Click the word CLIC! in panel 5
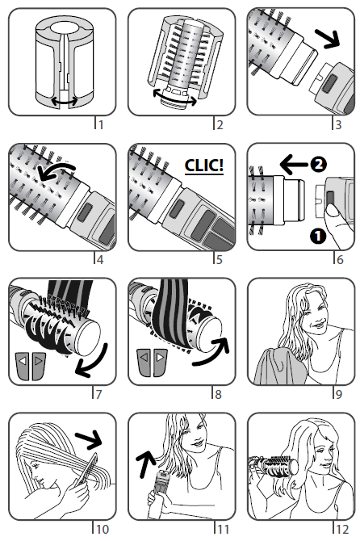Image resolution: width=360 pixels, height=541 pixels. (203, 166)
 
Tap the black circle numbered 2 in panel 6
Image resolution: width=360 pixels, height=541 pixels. (318, 164)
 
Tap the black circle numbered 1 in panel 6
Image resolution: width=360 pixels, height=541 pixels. (317, 236)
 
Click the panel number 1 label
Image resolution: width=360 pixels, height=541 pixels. (101, 124)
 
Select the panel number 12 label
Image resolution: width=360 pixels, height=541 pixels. (342, 529)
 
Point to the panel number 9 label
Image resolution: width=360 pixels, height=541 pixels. (339, 394)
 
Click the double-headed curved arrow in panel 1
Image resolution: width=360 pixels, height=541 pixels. (65, 101)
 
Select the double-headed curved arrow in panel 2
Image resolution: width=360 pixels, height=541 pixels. (175, 98)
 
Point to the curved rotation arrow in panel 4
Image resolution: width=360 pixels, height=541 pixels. (57, 170)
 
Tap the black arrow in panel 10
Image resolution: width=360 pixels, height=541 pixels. (89, 439)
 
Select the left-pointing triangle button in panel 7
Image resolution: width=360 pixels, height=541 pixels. (23, 366)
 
